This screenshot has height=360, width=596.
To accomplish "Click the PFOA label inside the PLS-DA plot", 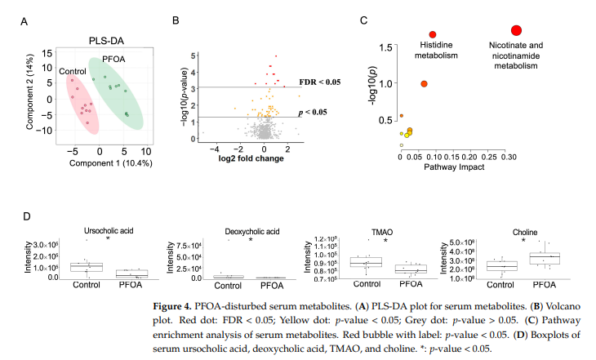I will pos(114,60).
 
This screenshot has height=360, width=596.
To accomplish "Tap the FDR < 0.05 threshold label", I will pos(319,82).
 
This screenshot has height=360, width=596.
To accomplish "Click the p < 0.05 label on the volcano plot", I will pos(313,111).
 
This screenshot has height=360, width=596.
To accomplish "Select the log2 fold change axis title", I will pos(251,158).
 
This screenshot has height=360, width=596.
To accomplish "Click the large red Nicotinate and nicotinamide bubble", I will pos(516,30).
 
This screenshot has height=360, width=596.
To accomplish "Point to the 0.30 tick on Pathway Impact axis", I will pos(509,156).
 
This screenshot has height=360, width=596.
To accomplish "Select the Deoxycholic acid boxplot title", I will pos(252,230).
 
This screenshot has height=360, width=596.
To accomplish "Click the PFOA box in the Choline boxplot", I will pos(545,259).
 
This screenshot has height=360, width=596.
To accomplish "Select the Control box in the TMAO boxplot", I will pos(366,262).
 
